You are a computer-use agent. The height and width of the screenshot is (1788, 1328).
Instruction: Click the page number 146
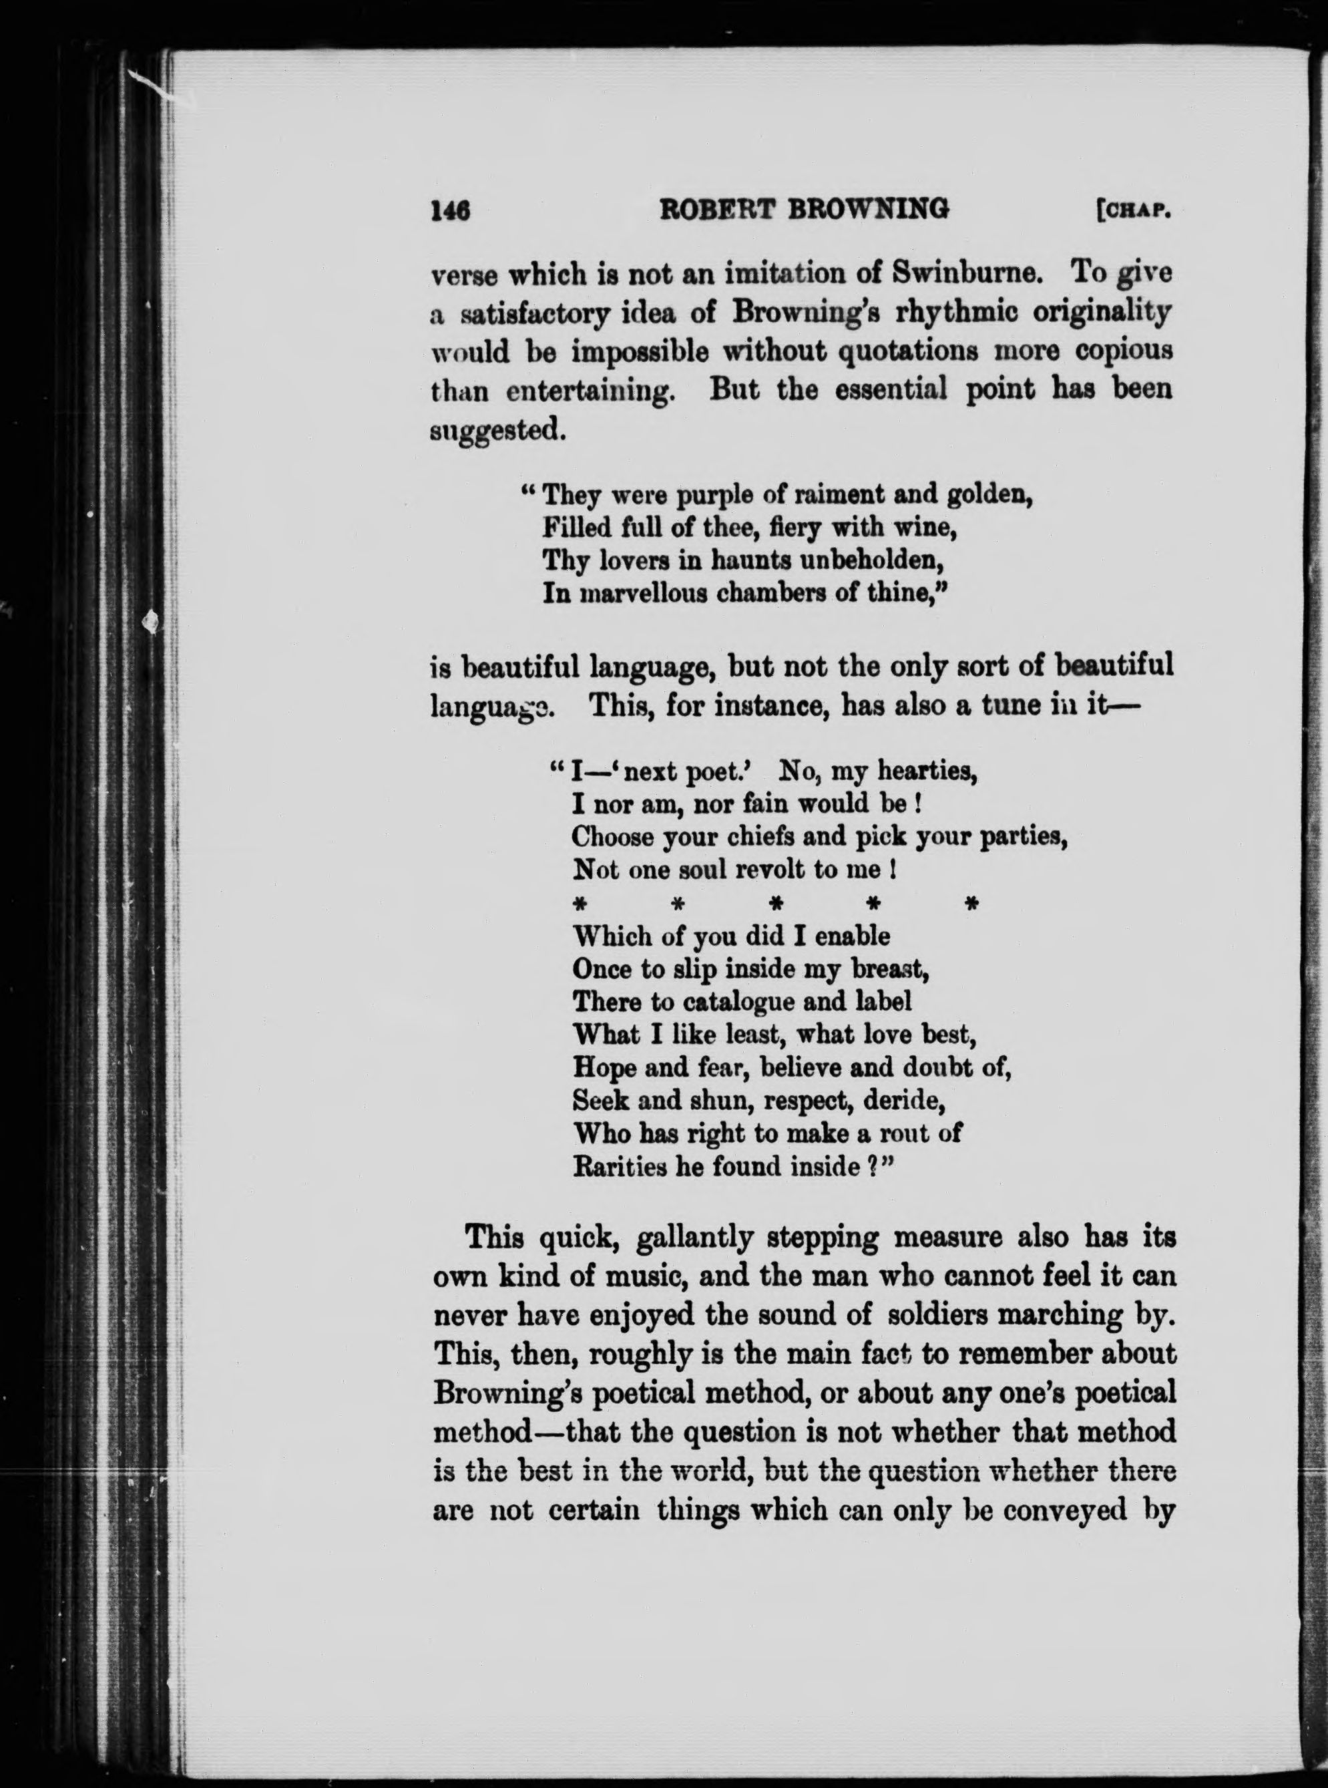tap(450, 210)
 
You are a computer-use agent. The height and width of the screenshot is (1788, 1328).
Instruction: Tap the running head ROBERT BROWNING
tap(803, 210)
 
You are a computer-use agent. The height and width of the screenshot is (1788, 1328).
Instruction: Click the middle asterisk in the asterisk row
tap(777, 904)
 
